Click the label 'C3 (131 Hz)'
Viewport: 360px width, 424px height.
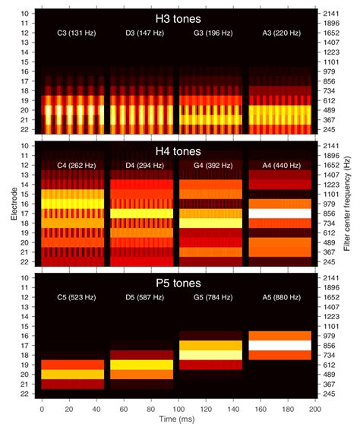click(x=74, y=35)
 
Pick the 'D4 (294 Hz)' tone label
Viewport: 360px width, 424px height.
click(x=143, y=166)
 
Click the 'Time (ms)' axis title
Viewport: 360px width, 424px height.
click(x=179, y=417)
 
